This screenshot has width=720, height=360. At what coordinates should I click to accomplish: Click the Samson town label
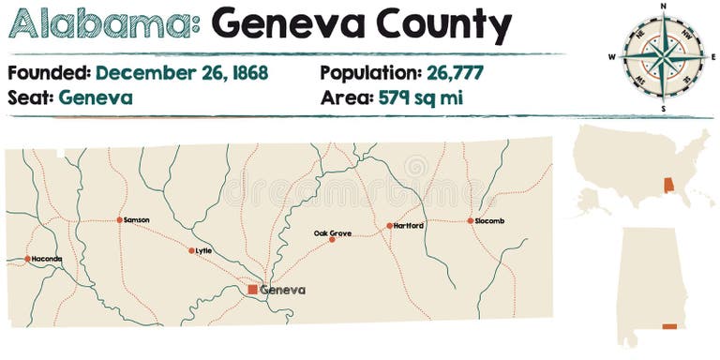coord(137,220)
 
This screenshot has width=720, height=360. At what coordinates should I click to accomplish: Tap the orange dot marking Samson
coord(120,220)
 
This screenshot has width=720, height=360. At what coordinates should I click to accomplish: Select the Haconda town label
coord(47,259)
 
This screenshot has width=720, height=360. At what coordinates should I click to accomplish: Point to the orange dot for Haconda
coord(27,259)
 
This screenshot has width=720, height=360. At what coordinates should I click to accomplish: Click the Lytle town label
coord(203,250)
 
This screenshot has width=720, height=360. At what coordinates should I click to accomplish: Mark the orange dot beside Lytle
coord(191,250)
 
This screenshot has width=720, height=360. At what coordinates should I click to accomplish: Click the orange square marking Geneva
coord(252,290)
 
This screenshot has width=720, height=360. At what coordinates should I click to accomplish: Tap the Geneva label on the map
coord(283,290)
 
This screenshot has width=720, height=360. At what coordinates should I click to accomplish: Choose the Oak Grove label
coord(333,232)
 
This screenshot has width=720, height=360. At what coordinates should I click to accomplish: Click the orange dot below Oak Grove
coord(332,240)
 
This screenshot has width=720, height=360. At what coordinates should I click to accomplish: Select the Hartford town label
coord(409,226)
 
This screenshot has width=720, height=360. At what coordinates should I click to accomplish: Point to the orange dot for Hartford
coord(389,226)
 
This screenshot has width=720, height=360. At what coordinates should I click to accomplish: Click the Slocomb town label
coord(489,221)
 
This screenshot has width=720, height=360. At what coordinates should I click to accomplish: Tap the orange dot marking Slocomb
coord(471,221)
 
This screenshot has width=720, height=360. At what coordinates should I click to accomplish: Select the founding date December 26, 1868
coord(182,72)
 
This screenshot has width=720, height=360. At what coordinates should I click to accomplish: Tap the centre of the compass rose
coord(663,55)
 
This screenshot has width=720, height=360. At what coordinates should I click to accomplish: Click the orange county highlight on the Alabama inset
coord(668,326)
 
